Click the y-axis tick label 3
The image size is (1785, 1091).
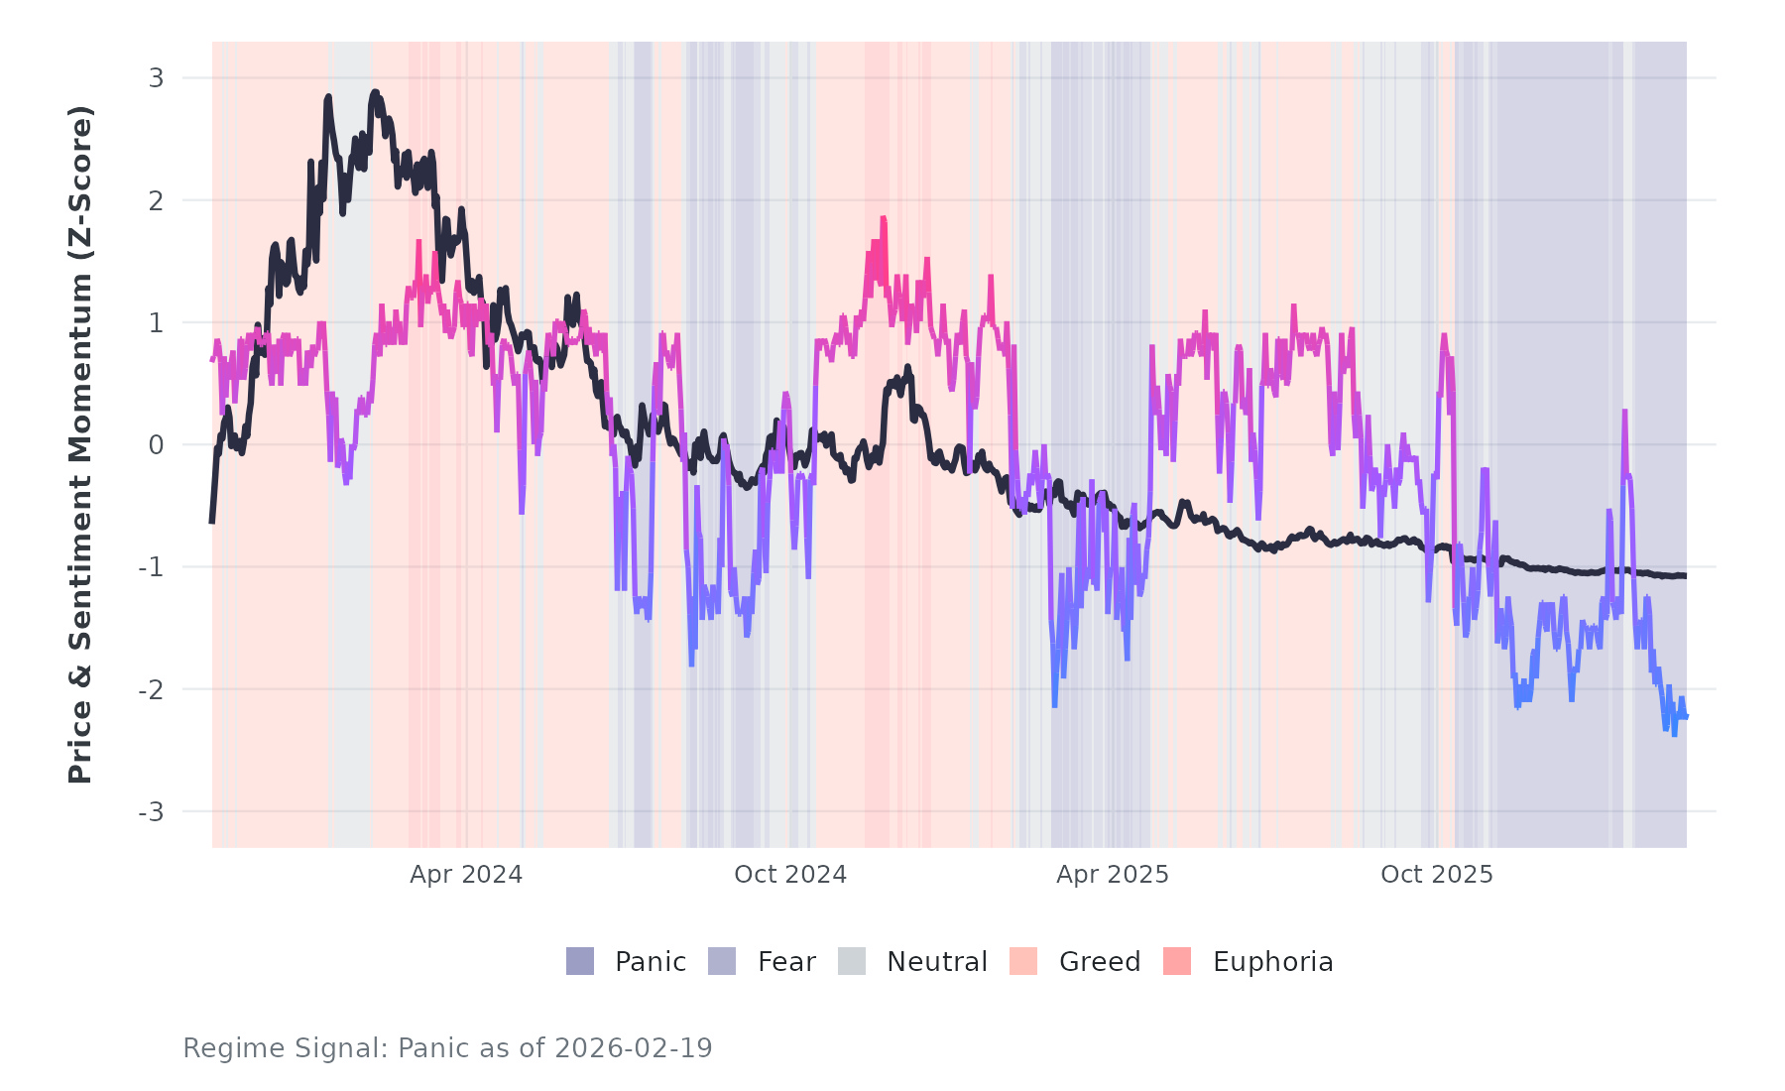(x=156, y=78)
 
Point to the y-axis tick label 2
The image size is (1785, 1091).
(x=156, y=200)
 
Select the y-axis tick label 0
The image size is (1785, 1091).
(x=156, y=445)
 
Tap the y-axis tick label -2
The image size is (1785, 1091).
(x=151, y=689)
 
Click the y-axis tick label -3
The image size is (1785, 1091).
(x=151, y=812)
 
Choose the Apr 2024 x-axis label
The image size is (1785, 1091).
(x=466, y=875)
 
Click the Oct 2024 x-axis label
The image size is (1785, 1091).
(x=790, y=875)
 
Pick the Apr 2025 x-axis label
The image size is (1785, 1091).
(x=1113, y=875)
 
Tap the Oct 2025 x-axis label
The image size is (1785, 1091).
(x=1437, y=875)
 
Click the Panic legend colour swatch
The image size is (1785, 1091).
(x=580, y=961)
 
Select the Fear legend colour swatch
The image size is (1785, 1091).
(x=722, y=961)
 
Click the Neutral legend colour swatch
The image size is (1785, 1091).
(x=852, y=961)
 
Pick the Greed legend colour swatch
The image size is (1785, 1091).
(x=1023, y=961)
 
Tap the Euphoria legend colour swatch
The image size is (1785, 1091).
(x=1177, y=961)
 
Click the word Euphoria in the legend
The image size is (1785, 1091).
(x=1272, y=962)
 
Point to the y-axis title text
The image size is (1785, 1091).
(x=79, y=444)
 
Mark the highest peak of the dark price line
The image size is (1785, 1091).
(x=375, y=92)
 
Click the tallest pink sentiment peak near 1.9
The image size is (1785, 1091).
(x=882, y=218)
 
